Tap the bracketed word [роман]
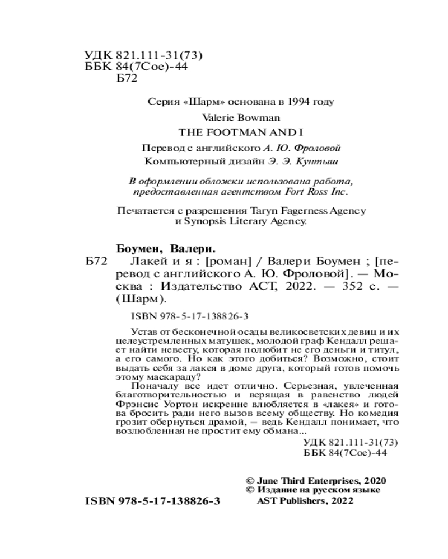coord(228,263)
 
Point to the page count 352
coord(329,286)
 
